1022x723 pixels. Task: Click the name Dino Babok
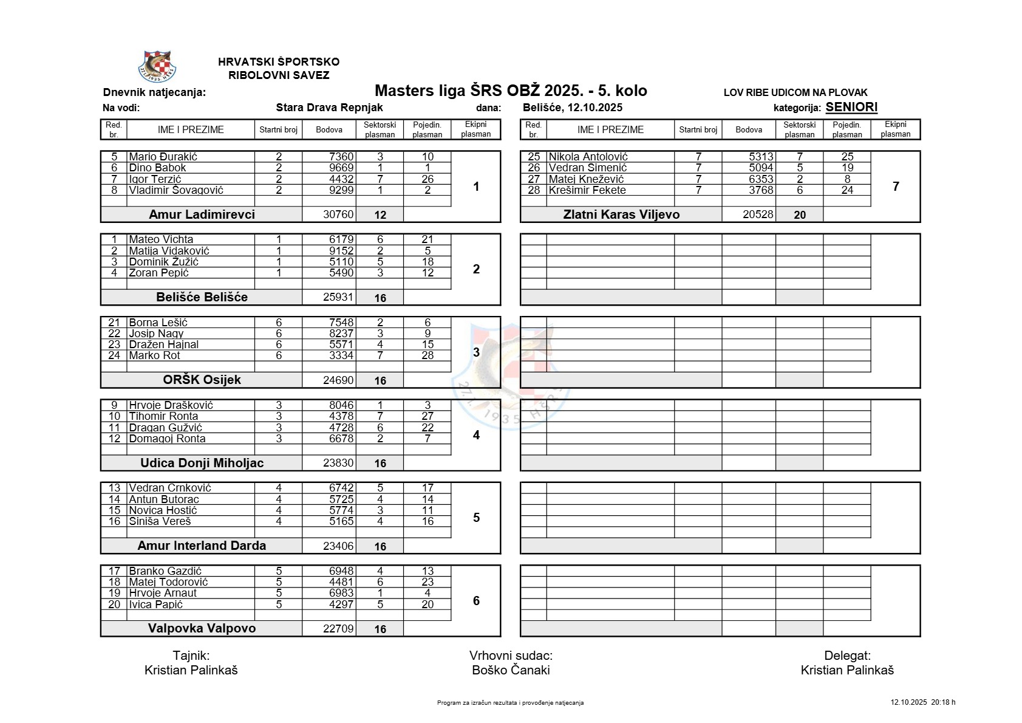pyautogui.click(x=157, y=168)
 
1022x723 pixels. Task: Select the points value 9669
pyautogui.click(x=341, y=168)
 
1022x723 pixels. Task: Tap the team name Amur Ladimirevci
pyautogui.click(x=202, y=214)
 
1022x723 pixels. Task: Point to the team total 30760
pyautogui.click(x=338, y=214)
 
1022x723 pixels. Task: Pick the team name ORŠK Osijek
pyautogui.click(x=202, y=380)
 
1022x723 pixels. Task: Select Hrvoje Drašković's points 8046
pyautogui.click(x=341, y=405)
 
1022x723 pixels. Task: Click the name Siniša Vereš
pyautogui.click(x=160, y=521)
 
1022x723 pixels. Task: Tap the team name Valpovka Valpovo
pyautogui.click(x=202, y=628)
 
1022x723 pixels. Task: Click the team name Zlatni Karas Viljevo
pyautogui.click(x=621, y=214)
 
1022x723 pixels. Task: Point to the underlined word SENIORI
pyautogui.click(x=851, y=108)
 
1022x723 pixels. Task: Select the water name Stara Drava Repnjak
pyautogui.click(x=329, y=108)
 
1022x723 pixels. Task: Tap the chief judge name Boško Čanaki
pyautogui.click(x=511, y=670)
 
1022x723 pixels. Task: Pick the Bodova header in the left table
pyautogui.click(x=329, y=129)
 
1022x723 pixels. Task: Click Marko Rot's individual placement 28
pyautogui.click(x=428, y=355)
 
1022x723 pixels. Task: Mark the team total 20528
pyautogui.click(x=757, y=214)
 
